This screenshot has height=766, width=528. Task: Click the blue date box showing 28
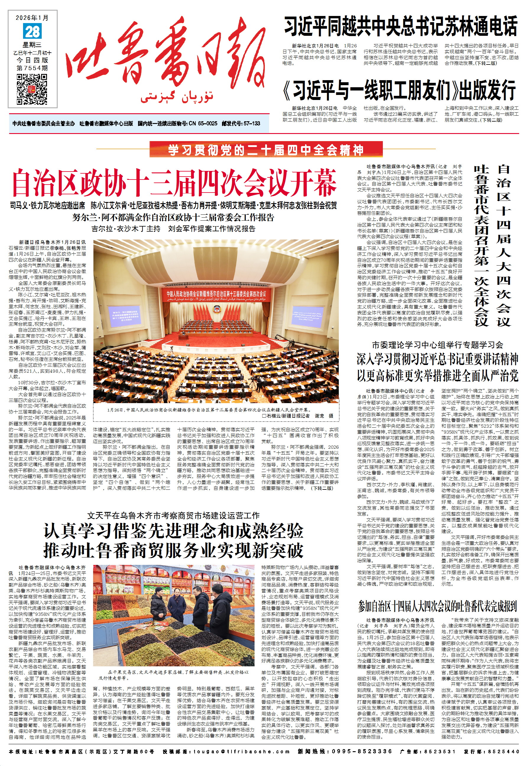[x=33, y=32]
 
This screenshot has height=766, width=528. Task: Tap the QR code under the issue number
[x=32, y=89]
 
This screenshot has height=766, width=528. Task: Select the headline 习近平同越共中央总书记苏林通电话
[x=401, y=27]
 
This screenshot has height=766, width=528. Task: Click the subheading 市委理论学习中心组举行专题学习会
[x=437, y=345]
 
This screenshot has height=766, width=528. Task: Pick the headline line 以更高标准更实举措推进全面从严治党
[x=437, y=376]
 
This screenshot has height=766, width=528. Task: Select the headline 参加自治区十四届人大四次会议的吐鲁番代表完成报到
[x=437, y=606]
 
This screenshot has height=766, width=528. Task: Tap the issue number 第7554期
[x=32, y=68]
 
